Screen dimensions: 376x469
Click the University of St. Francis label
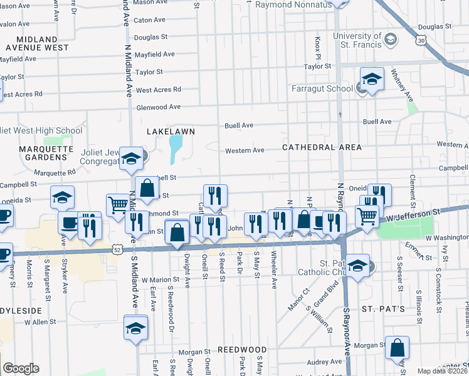(x=357, y=40)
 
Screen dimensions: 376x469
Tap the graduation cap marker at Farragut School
(x=372, y=80)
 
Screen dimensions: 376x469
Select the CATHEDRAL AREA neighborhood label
(x=322, y=147)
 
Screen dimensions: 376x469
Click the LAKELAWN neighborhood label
(x=171, y=132)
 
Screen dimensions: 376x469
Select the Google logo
(x=21, y=368)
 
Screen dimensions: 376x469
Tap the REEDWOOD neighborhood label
(x=242, y=350)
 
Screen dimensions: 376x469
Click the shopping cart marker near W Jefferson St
(x=367, y=216)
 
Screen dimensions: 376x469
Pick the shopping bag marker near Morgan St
(x=397, y=348)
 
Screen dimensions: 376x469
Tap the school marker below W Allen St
(x=135, y=328)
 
